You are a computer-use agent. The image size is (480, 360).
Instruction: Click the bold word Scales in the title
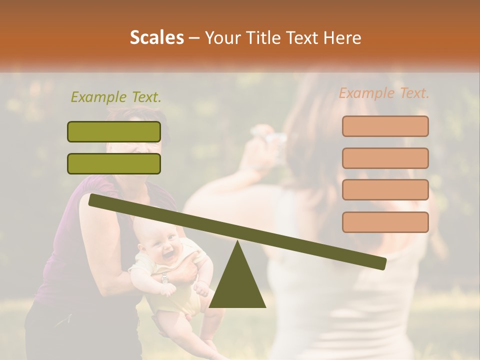(x=156, y=38)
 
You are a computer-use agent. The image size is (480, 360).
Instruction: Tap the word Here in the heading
(x=342, y=38)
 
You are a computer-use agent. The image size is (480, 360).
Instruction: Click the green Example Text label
(x=116, y=97)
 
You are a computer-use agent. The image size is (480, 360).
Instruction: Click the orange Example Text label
(x=384, y=93)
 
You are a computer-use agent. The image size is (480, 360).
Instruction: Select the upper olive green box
(x=114, y=131)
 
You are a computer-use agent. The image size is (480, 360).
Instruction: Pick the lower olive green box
(x=114, y=163)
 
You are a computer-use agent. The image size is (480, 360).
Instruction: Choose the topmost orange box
(x=385, y=126)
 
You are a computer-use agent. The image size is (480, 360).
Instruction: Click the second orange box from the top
(x=385, y=158)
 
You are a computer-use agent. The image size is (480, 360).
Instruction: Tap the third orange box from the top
(x=385, y=189)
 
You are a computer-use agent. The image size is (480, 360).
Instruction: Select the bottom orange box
(x=385, y=222)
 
